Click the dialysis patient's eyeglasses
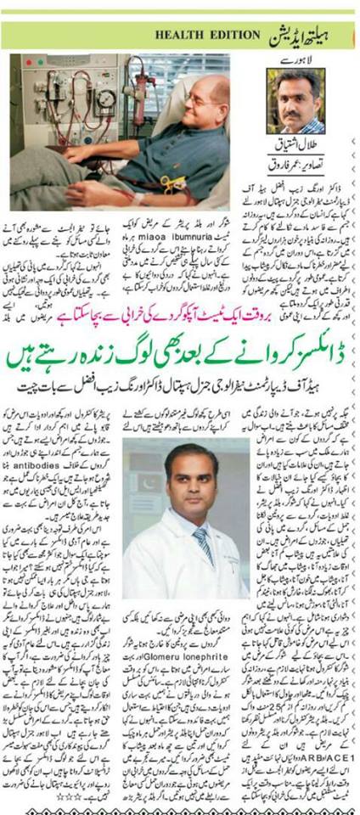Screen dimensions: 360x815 (x=201, y=99)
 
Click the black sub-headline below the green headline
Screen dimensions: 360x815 (x=180, y=388)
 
